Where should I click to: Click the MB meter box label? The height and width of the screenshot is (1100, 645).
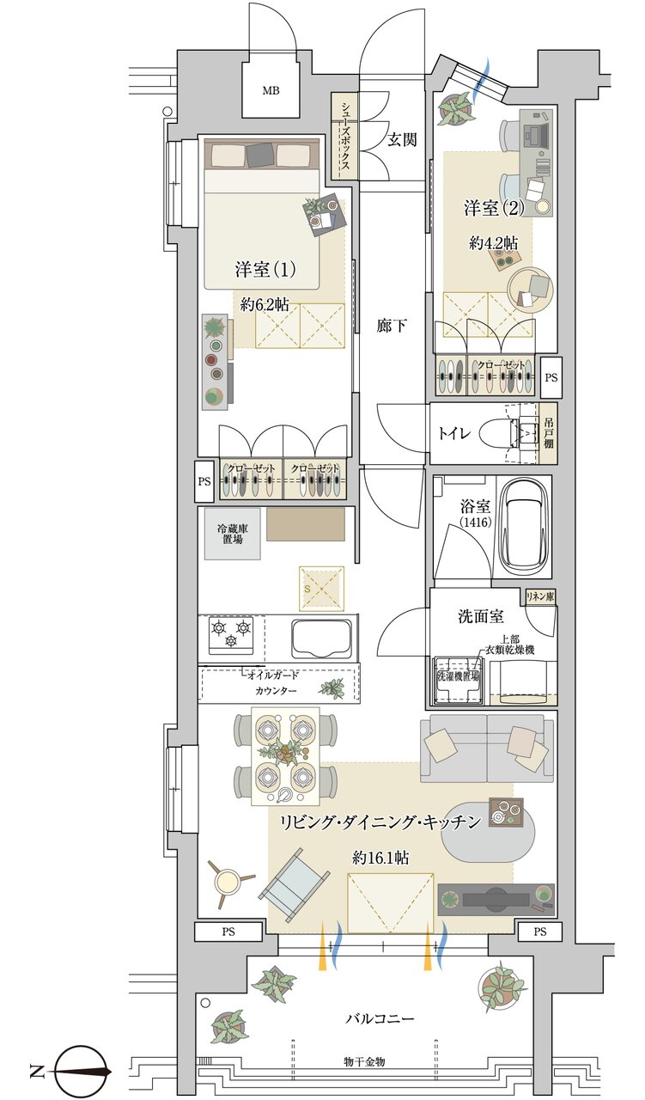pos(271,90)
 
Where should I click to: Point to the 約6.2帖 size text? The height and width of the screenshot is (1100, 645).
pos(265,303)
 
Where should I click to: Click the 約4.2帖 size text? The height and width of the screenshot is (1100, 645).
pos(493,243)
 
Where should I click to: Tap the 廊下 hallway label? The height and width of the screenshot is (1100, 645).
pos(392,326)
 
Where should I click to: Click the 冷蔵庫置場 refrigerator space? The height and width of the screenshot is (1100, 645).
pos(232,533)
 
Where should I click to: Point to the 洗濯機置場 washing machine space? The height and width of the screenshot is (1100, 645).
pos(457,677)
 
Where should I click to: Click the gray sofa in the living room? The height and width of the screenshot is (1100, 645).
pos(483,743)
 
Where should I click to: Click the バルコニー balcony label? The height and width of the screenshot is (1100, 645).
pos(380,1018)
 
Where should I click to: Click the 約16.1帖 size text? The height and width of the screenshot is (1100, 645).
pos(380,857)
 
